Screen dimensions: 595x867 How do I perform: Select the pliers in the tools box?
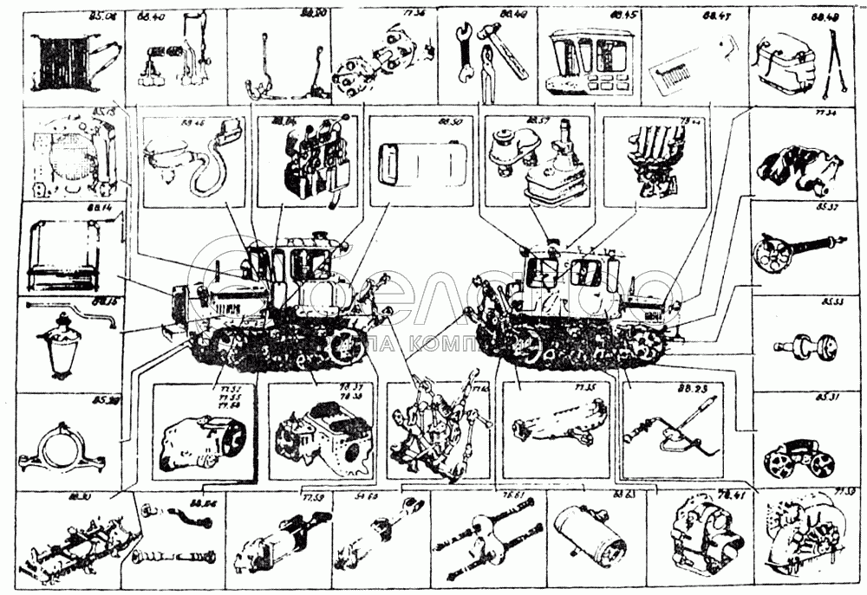pos(486,74)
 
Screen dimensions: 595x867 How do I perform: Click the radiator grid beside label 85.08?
pos(57,61)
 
